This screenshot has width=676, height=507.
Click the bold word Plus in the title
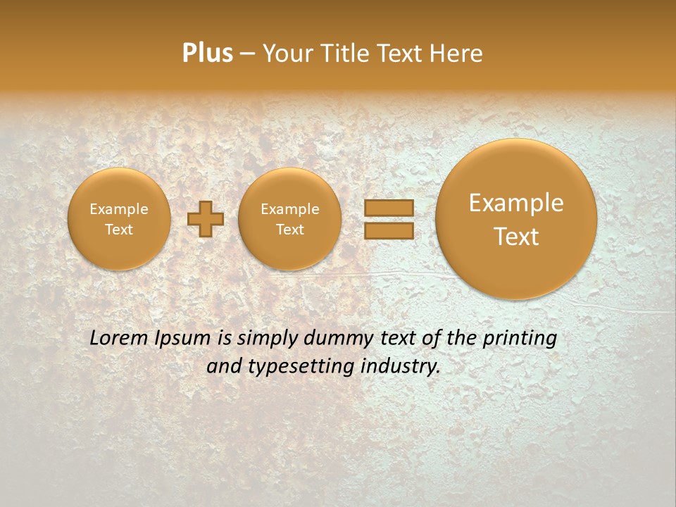[207, 54]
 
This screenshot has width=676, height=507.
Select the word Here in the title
[458, 54]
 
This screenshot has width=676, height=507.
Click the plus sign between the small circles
[206, 219]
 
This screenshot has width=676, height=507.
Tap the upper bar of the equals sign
[389, 208]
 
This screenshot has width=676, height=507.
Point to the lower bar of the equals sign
[389, 230]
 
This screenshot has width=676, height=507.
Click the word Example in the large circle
[516, 203]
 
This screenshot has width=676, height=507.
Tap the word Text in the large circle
[516, 237]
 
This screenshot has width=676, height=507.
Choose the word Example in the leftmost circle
[119, 209]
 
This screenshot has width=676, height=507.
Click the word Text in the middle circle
[289, 230]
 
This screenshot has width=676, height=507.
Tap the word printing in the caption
[521, 339]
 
